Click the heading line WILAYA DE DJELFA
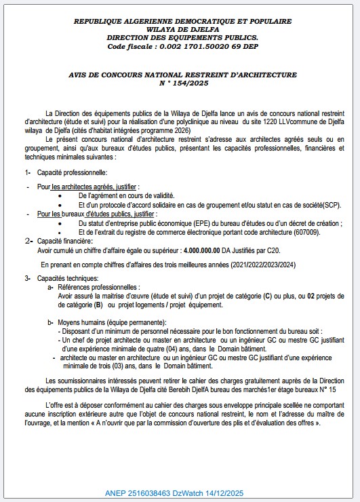(180, 29)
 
